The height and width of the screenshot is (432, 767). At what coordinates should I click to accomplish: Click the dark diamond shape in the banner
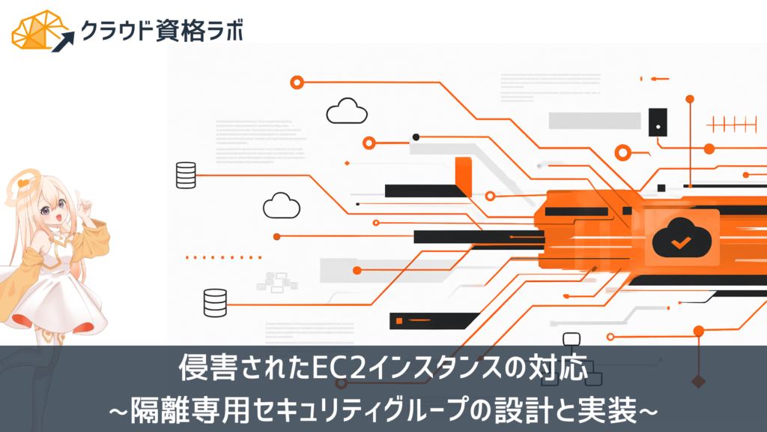pyautogui.click(x=699, y=382)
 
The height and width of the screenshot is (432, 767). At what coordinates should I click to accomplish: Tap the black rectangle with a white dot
pyautogui.click(x=658, y=122)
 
